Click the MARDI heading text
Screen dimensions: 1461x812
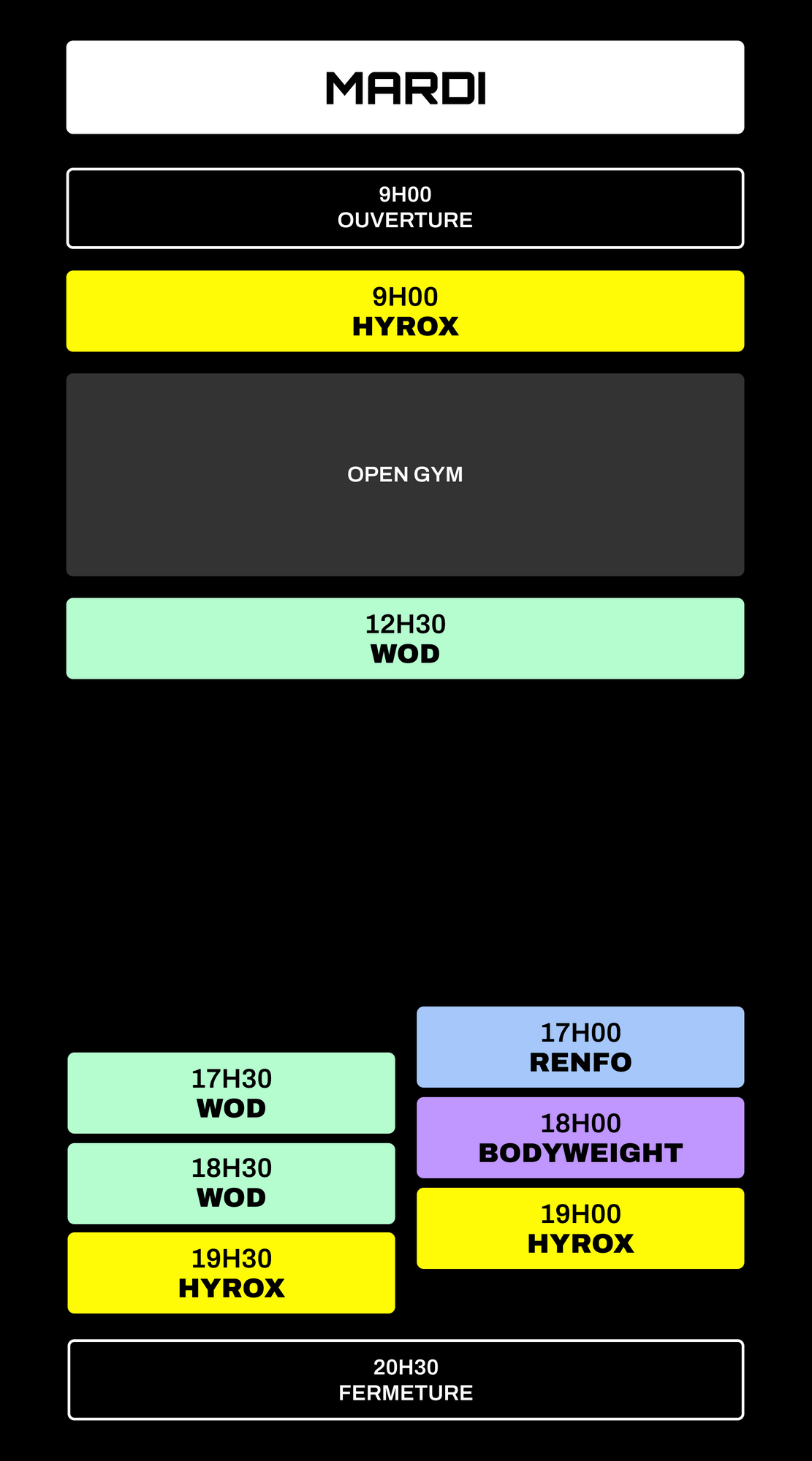tap(406, 88)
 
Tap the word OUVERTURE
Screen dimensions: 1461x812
tap(405, 221)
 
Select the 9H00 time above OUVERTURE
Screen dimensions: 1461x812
tap(405, 195)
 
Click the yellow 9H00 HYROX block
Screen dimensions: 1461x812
tap(405, 311)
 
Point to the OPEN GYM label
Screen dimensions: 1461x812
tap(405, 475)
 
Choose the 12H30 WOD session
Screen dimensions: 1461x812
tap(405, 638)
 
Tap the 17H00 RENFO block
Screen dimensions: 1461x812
tap(580, 1047)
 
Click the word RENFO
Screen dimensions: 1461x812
tap(580, 1063)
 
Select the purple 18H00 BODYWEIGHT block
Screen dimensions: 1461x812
tap(580, 1137)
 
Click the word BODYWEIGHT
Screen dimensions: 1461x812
tap(580, 1153)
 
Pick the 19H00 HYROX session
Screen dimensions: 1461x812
tap(580, 1228)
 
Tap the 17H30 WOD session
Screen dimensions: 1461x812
tap(231, 1093)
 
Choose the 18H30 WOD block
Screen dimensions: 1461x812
tap(231, 1183)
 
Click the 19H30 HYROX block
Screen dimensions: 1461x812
tap(231, 1273)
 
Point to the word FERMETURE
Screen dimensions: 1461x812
tap(406, 1393)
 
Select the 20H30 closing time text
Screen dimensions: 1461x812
tap(406, 1367)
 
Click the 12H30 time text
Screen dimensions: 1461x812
tap(405, 625)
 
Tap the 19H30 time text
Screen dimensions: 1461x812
tap(231, 1259)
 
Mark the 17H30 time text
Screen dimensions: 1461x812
tap(231, 1079)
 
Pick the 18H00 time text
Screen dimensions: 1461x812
tap(580, 1124)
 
